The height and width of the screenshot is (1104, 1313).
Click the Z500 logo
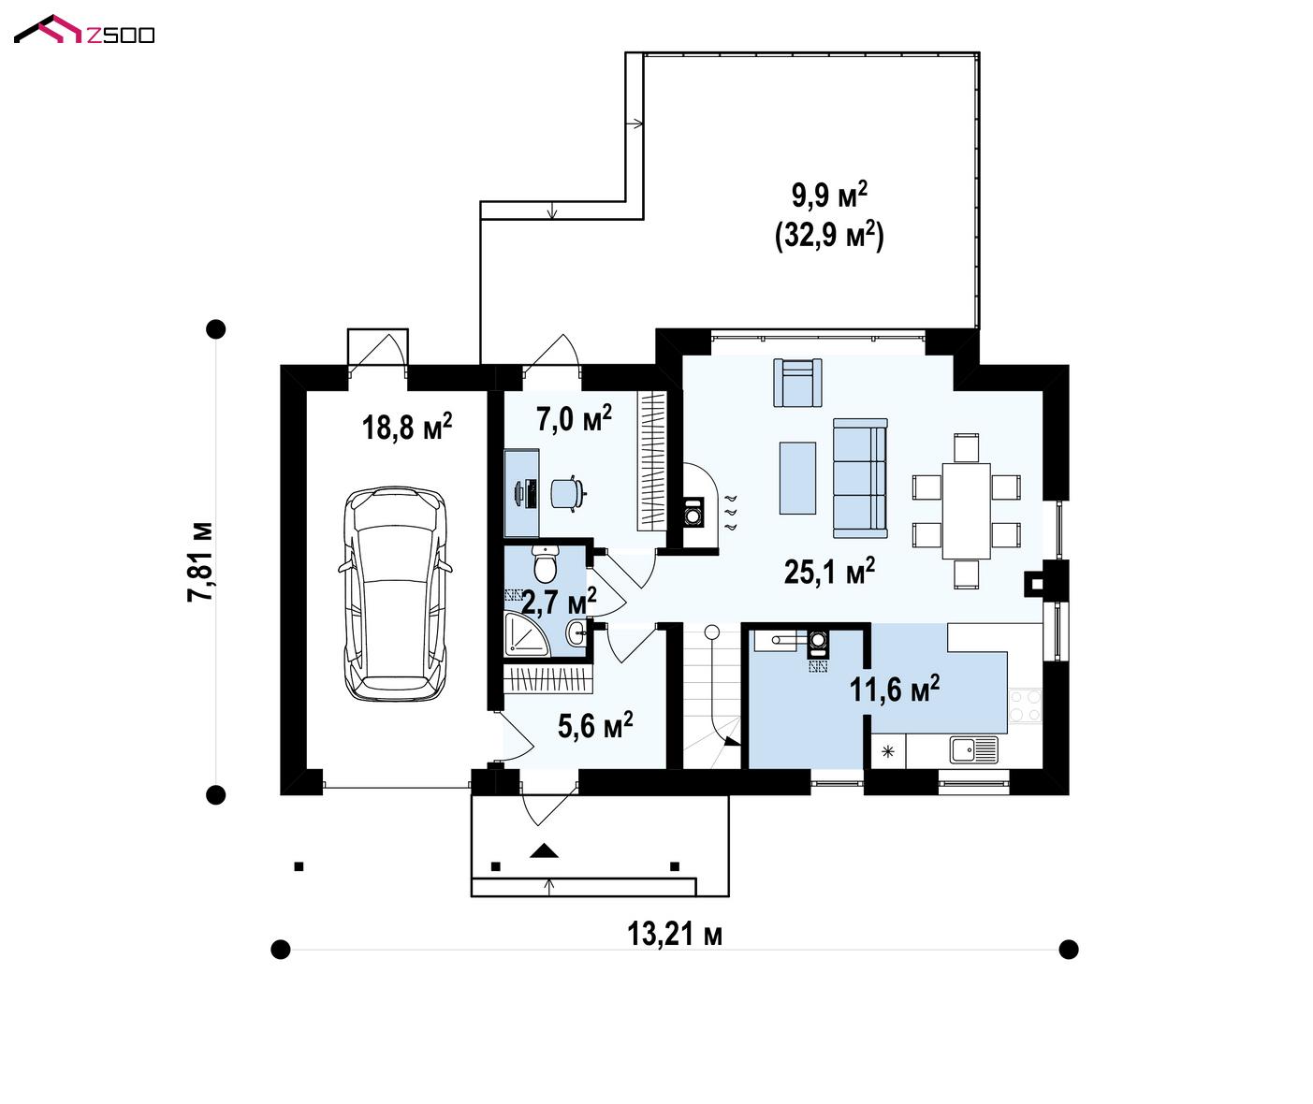pos(84,30)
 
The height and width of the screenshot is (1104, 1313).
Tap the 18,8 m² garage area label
pos(406,427)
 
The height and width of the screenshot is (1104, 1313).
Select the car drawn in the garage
pos(396,593)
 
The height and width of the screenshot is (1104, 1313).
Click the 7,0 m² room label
pos(574,418)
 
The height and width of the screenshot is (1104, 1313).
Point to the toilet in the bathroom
pos(545,563)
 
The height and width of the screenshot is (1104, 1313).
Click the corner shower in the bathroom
pos(527,634)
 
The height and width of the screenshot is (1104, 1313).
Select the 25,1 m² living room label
pos(829,571)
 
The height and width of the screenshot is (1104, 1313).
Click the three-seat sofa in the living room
pos(860,478)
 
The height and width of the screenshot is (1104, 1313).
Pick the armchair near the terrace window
pos(797,383)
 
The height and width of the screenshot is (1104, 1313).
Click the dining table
pos(966,511)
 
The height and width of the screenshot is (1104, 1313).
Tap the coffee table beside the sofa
pos(797,478)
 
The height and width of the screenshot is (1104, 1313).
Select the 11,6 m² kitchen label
pos(894,689)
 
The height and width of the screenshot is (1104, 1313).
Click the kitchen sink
pos(973,750)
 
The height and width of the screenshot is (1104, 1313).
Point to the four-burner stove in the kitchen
pos(1025,705)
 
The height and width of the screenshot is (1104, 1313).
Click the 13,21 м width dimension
pos(674,935)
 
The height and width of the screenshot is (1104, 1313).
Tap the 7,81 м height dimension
pos(201,562)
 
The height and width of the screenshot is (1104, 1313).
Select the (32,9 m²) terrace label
pos(829,236)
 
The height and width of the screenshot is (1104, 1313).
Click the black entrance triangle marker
pos(544,850)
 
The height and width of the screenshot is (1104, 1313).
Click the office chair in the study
pos(568,494)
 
